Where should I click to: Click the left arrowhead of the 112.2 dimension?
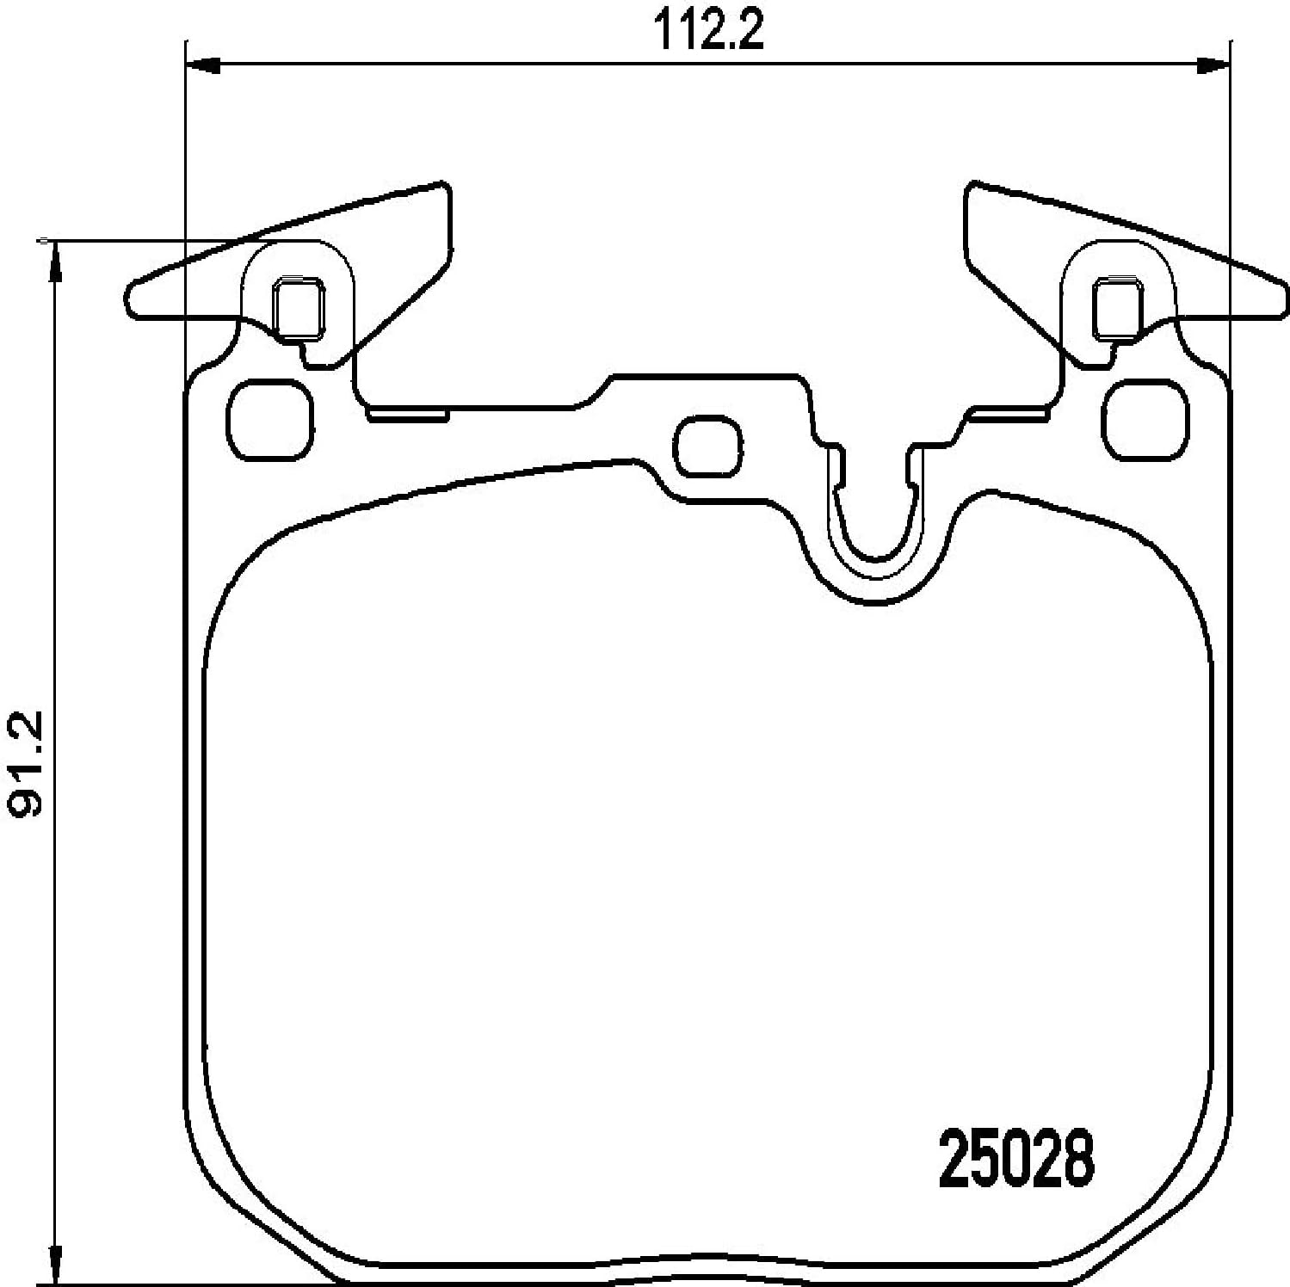pyautogui.click(x=204, y=63)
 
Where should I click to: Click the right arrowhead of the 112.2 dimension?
pyautogui.click(x=1213, y=63)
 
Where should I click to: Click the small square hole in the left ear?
pyautogui.click(x=298, y=308)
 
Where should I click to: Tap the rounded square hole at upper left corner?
pyautogui.click(x=269, y=418)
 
